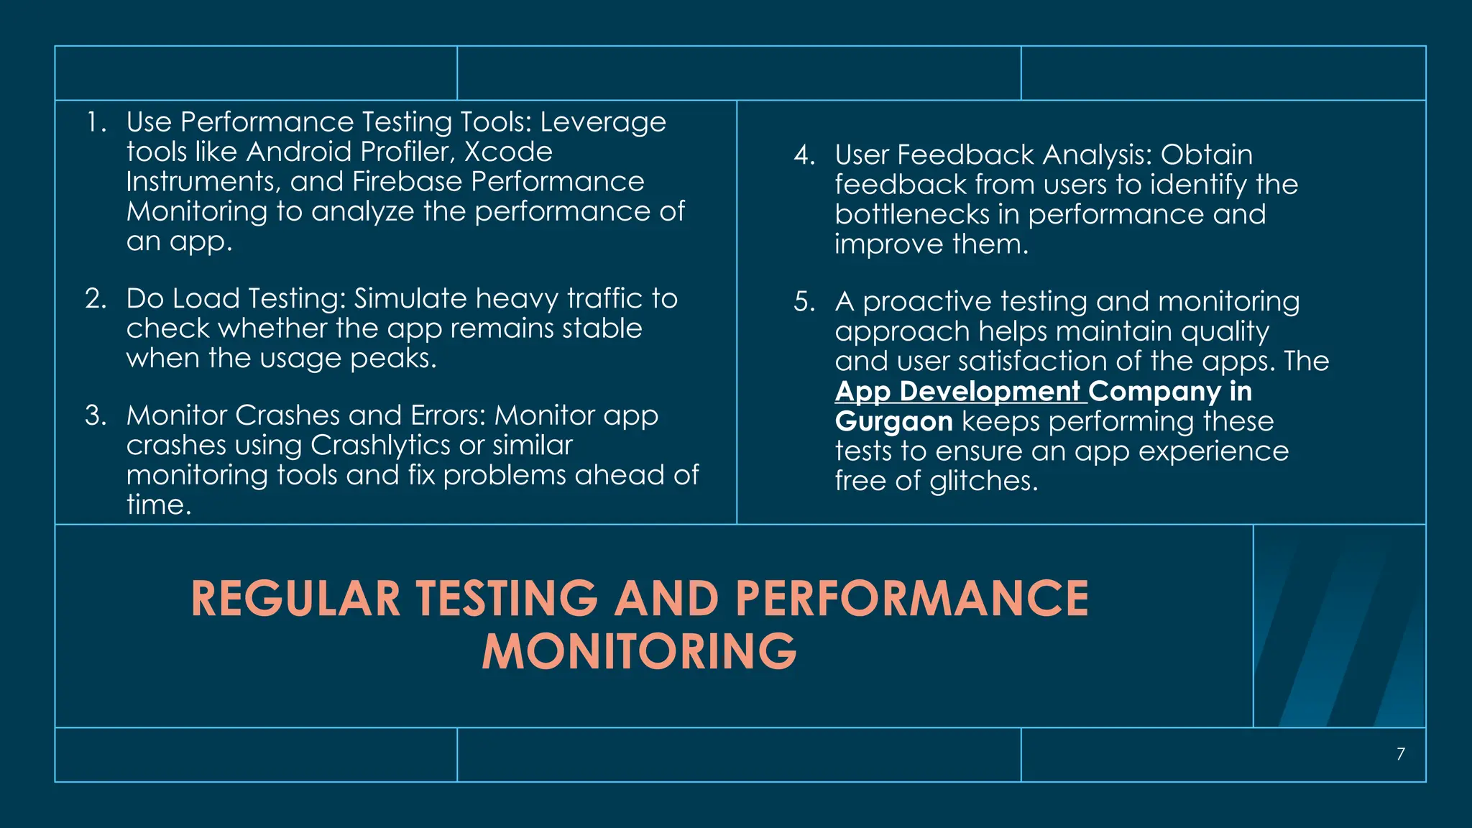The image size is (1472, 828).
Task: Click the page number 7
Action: click(x=1400, y=754)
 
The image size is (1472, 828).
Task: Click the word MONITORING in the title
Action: click(x=639, y=652)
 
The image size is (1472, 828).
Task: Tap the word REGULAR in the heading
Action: click(x=295, y=599)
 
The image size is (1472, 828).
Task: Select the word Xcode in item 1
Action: click(x=508, y=152)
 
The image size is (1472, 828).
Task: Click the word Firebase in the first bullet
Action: click(x=407, y=182)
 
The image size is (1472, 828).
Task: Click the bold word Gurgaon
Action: click(x=893, y=421)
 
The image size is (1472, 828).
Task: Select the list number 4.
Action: click(x=804, y=155)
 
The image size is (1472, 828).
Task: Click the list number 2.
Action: click(x=96, y=298)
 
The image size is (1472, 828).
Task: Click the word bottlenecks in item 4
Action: click(x=912, y=214)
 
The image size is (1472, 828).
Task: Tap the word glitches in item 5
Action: click(x=983, y=481)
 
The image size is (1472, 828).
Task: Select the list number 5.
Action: click(x=804, y=302)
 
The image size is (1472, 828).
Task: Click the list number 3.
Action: click(x=96, y=415)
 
